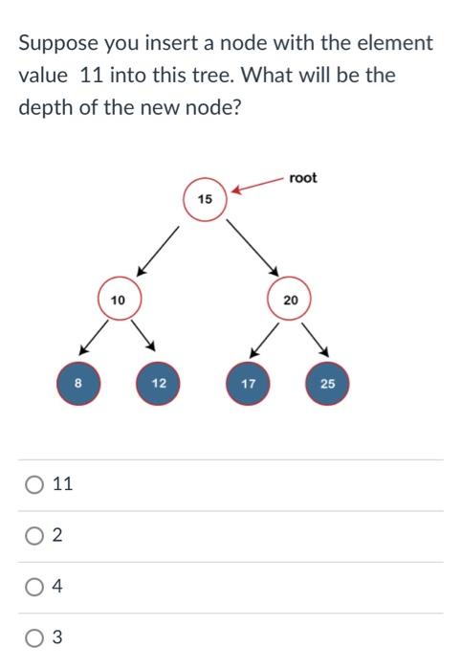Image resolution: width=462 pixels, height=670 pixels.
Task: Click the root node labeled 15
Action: (204, 200)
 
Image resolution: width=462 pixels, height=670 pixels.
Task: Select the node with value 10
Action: (118, 300)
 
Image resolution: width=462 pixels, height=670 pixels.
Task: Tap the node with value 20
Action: (291, 300)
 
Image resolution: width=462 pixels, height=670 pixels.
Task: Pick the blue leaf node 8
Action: (78, 384)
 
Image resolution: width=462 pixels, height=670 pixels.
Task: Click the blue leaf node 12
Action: (159, 384)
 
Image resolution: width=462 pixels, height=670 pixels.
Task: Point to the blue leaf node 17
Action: (249, 384)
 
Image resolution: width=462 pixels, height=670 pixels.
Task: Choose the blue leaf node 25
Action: (328, 384)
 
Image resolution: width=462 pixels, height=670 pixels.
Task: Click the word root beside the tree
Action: (302, 178)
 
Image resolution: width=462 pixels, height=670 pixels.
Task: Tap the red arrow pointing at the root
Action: (256, 185)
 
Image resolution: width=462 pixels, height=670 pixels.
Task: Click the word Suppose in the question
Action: (55, 44)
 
